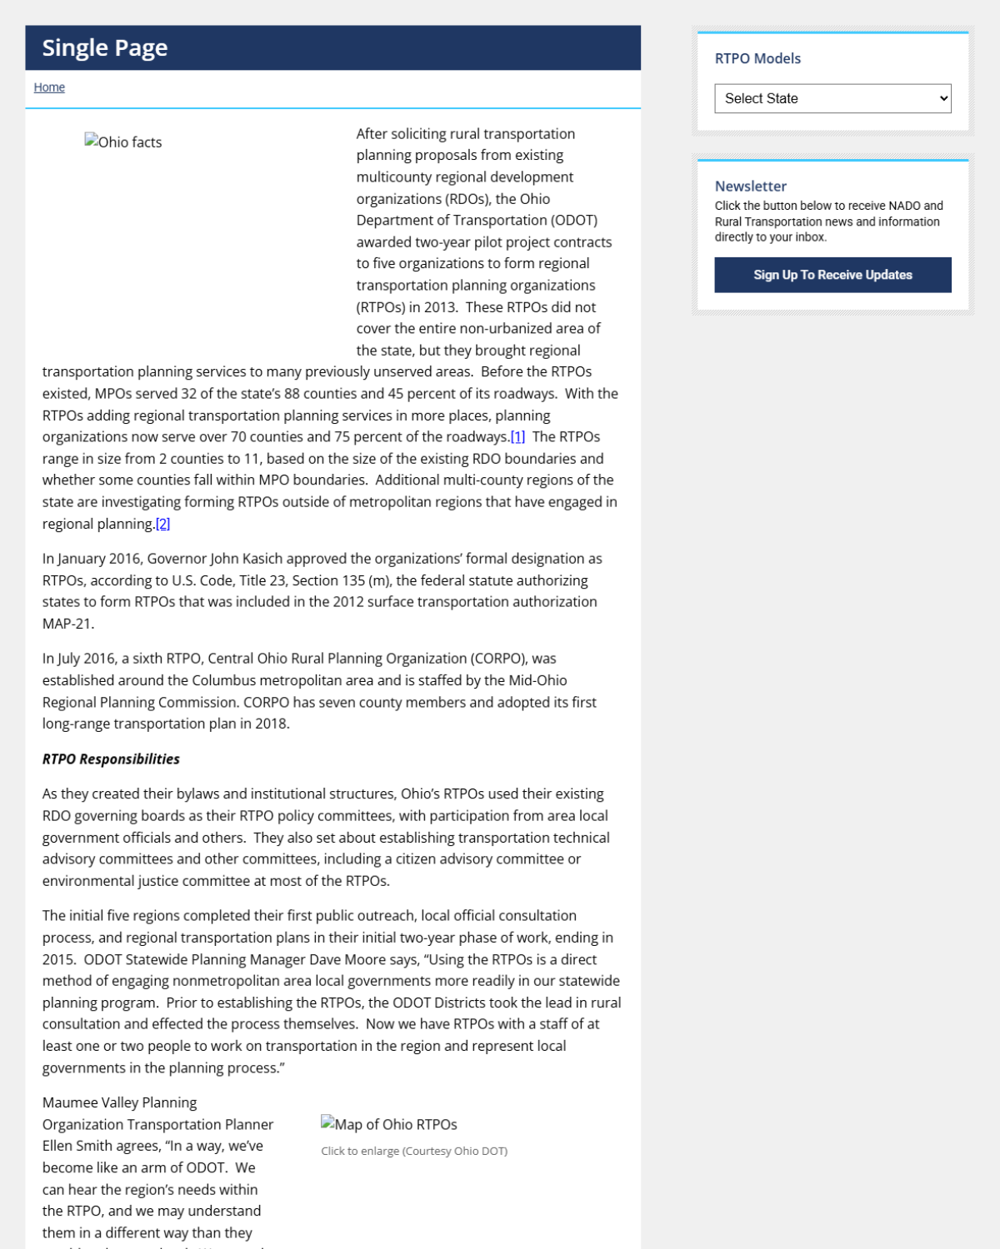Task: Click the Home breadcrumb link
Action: [x=49, y=87]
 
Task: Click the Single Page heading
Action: [x=105, y=48]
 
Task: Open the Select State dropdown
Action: [x=832, y=98]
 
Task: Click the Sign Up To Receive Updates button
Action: [x=832, y=275]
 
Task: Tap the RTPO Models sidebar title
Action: [x=757, y=58]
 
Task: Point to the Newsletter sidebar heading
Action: [x=750, y=187]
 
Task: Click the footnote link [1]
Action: [x=517, y=437]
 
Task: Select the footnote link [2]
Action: [x=162, y=524]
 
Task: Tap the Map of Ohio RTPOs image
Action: [x=389, y=1125]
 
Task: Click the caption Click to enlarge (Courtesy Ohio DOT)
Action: [x=414, y=1151]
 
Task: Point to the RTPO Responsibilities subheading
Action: [x=111, y=759]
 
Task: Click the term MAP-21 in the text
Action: [x=68, y=624]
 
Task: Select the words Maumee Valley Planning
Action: [x=119, y=1103]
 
